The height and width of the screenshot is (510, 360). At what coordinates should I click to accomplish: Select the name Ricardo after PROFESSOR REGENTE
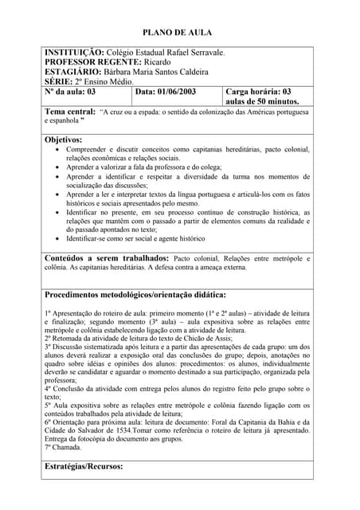click(x=158, y=62)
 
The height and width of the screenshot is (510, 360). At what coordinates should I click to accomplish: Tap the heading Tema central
click(x=70, y=112)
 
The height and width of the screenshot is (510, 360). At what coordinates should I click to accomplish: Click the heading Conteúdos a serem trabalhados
click(x=107, y=258)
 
